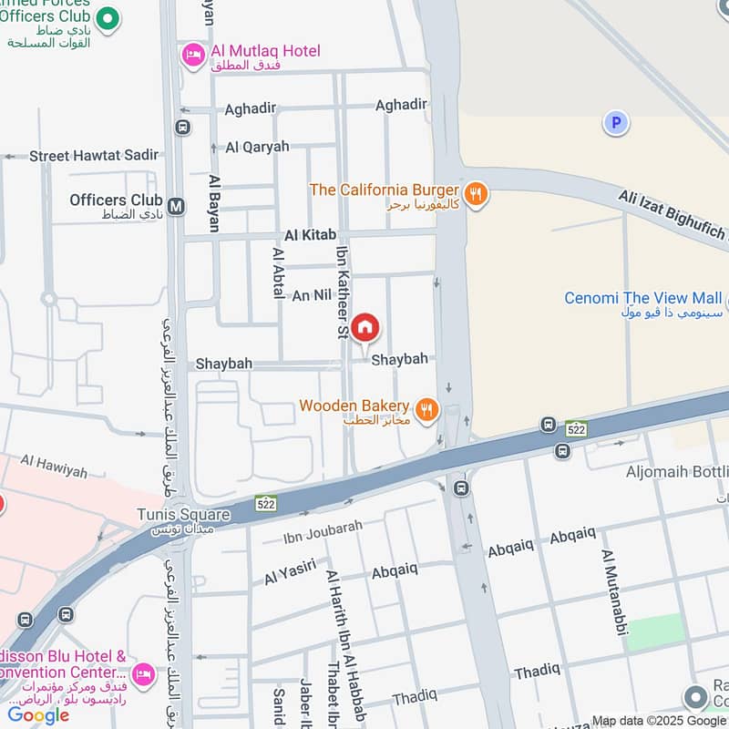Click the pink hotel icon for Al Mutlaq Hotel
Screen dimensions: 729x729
point(193,56)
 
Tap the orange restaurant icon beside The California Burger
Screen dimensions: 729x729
point(475,193)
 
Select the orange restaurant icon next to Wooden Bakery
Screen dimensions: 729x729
point(426,409)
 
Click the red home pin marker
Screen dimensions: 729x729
point(365,328)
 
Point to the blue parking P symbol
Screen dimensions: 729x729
point(616,122)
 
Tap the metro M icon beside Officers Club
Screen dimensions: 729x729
point(176,207)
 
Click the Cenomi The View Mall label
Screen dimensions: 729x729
point(642,298)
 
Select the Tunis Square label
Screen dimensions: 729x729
point(183,515)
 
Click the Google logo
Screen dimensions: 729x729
point(38,714)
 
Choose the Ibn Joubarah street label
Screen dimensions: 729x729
point(323,528)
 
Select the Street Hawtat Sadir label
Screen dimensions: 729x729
point(94,156)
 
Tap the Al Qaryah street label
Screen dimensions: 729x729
point(257,147)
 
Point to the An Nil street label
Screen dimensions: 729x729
point(311,295)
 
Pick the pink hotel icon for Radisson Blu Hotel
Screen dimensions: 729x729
point(142,675)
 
